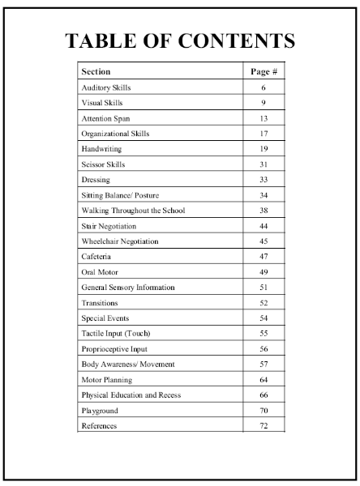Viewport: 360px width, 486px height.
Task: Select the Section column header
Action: coord(96,72)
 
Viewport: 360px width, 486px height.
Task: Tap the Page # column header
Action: coord(264,72)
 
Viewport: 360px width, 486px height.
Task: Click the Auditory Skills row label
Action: coord(106,87)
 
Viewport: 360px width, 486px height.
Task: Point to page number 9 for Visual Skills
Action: coord(264,103)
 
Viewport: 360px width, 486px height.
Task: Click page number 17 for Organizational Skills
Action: coord(264,134)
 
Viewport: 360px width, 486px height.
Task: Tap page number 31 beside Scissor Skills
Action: coord(264,164)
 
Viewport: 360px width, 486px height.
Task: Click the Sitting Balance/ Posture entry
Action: coord(118,195)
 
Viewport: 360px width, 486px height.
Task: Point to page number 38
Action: coord(264,211)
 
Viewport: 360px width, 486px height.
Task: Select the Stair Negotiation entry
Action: coord(109,226)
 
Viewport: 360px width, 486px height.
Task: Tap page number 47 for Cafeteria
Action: coord(264,257)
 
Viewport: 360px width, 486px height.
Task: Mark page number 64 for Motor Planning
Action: coord(264,380)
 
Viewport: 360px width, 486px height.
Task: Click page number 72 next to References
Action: coord(264,426)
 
